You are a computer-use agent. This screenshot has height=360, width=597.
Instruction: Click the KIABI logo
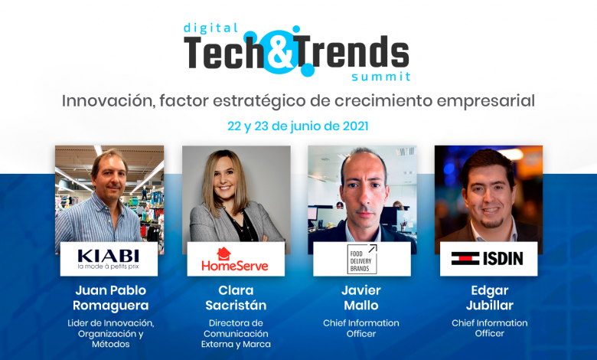tap(109, 259)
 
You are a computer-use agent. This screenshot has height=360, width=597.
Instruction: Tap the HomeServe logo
tap(235, 260)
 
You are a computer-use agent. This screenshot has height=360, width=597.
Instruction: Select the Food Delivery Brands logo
tap(362, 259)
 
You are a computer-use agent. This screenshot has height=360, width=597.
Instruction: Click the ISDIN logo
tap(487, 259)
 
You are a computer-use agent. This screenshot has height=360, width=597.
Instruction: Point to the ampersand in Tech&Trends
tap(282, 52)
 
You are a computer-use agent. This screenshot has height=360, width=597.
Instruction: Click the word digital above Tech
tap(210, 28)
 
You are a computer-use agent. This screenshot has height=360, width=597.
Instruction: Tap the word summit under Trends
tap(380, 77)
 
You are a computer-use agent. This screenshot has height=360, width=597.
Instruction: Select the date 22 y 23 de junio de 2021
tap(298, 126)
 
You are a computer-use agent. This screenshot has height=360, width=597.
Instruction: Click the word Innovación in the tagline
tap(109, 101)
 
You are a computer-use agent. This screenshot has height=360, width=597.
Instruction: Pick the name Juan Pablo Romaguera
tap(110, 298)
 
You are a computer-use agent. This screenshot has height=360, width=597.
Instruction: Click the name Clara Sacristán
tap(236, 298)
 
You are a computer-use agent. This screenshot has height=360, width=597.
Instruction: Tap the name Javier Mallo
tap(361, 298)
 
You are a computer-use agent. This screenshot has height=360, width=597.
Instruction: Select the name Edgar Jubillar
tap(489, 298)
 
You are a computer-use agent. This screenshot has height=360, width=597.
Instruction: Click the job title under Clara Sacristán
tap(236, 334)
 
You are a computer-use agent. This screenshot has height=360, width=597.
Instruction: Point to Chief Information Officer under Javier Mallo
tap(361, 329)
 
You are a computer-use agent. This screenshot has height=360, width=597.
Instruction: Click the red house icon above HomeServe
tap(223, 254)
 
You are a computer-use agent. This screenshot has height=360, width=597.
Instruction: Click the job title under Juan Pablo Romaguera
tap(110, 334)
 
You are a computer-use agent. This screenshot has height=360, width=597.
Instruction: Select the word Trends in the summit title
tap(352, 52)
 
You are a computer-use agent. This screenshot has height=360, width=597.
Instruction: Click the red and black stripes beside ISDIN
tap(465, 259)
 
